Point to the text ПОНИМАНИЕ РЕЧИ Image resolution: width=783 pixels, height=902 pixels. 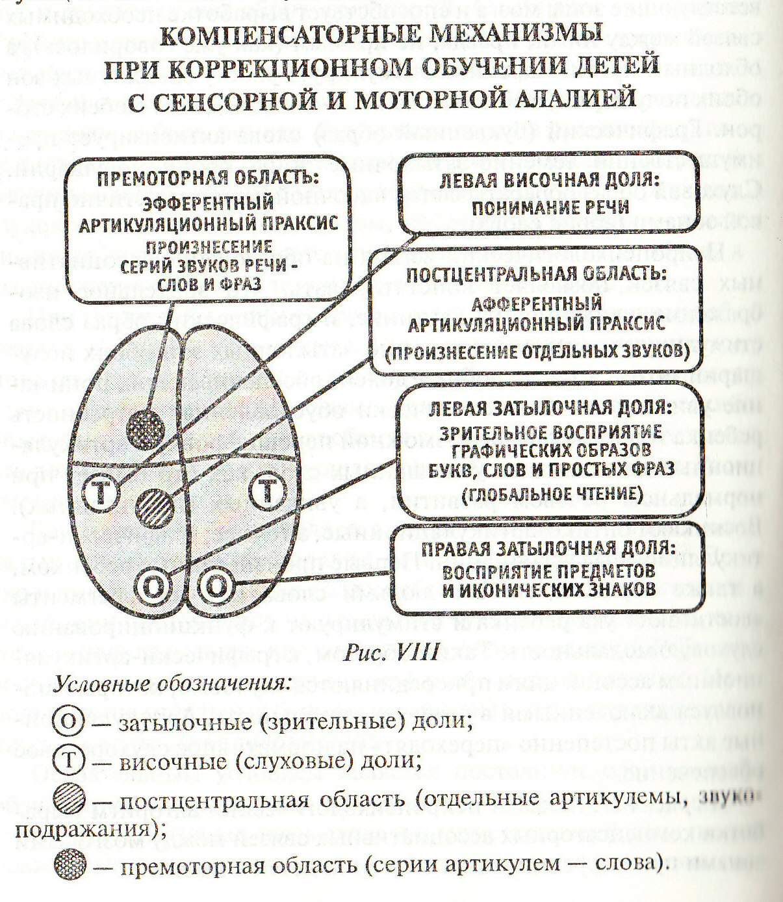pos(550,207)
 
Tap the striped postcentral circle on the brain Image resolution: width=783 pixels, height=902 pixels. pos(156,508)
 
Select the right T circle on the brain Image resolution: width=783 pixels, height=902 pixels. pos(268,491)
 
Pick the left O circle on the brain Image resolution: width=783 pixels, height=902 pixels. pos(154,586)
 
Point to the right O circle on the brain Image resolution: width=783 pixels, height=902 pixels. pos(216,586)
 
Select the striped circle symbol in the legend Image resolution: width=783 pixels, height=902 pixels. pos(70,798)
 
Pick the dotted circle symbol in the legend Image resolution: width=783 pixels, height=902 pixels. pos(70,864)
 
